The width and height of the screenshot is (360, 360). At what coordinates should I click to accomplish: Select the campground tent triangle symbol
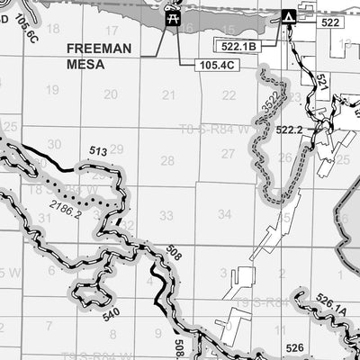[288, 17]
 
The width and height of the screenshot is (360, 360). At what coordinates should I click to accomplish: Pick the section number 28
[167, 160]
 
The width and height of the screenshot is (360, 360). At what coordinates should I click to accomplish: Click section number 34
[225, 214]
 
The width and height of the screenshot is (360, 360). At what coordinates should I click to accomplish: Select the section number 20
[110, 94]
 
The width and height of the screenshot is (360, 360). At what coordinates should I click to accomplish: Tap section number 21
[168, 94]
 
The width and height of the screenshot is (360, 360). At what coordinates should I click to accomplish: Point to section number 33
[166, 215]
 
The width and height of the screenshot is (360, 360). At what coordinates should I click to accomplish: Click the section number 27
[227, 154]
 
